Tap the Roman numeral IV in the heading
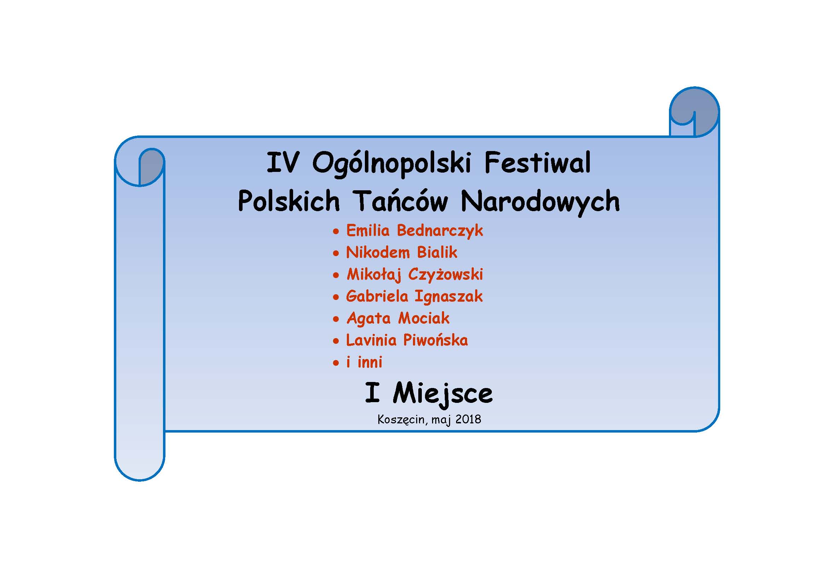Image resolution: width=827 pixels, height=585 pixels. tap(283, 162)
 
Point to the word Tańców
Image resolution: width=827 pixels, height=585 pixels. tap(400, 201)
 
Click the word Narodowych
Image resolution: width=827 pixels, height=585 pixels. tap(540, 202)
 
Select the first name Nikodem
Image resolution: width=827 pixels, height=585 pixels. tap(378, 252)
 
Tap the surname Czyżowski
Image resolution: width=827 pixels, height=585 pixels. tap(445, 275)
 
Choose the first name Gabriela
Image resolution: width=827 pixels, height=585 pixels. tap(377, 296)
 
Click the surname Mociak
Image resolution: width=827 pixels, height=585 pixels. tap(424, 318)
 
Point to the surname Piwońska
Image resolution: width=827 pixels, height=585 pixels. tap(436, 340)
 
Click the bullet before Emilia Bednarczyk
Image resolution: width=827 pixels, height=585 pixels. tap(336, 231)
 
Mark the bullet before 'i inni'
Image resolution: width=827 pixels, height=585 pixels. tap(336, 363)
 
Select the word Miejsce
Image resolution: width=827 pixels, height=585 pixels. tap(443, 394)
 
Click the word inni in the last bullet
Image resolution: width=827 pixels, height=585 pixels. tap(369, 362)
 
